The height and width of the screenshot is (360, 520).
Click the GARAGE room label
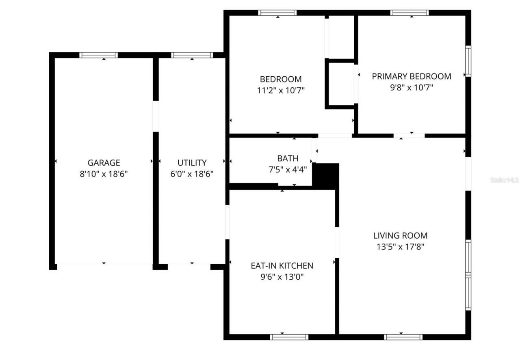[104, 163]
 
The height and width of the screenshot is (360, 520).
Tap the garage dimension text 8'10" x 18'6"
[104, 174]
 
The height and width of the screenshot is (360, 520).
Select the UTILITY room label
[192, 163]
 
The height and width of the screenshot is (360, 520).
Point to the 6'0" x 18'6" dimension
[192, 174]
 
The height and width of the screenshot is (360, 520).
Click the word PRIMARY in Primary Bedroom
[390, 76]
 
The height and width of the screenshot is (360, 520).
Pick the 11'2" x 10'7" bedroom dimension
[281, 90]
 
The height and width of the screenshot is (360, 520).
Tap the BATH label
[288, 158]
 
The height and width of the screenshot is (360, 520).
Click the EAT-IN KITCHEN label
[282, 266]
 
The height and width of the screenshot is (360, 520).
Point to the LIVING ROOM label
[400, 235]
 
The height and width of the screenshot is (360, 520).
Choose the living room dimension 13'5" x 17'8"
[400, 246]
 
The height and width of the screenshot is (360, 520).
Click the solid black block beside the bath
[326, 176]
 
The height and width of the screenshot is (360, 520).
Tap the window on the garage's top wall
[98, 55]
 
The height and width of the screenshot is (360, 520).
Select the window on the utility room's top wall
[192, 55]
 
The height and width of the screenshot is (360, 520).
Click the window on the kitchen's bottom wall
[289, 336]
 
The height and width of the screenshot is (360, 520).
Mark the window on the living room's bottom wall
[403, 336]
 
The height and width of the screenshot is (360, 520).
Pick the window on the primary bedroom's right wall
[468, 61]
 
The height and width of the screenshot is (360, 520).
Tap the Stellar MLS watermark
[504, 180]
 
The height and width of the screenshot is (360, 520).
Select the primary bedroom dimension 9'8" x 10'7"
[412, 87]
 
